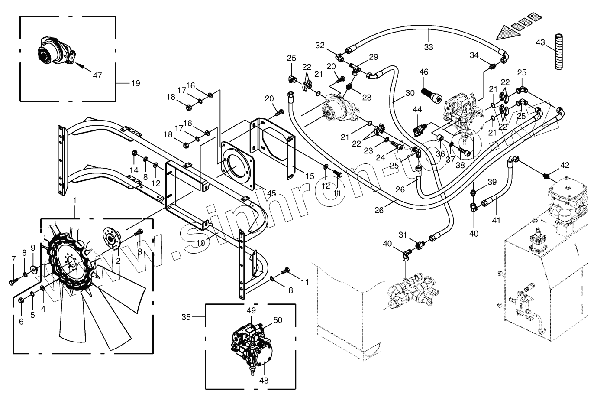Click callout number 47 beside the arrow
pos(97,75)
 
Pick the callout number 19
pos(135,83)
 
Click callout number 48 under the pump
pos(264,381)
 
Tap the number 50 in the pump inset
pos(278,320)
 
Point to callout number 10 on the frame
pos(200,243)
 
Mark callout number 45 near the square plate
pos(271,193)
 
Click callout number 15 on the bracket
pos(310,176)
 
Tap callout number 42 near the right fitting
pos(565,165)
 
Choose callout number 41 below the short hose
pos(496,220)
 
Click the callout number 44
pos(416,111)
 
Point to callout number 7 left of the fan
pos(13,259)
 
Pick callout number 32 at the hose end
pos(319,45)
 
